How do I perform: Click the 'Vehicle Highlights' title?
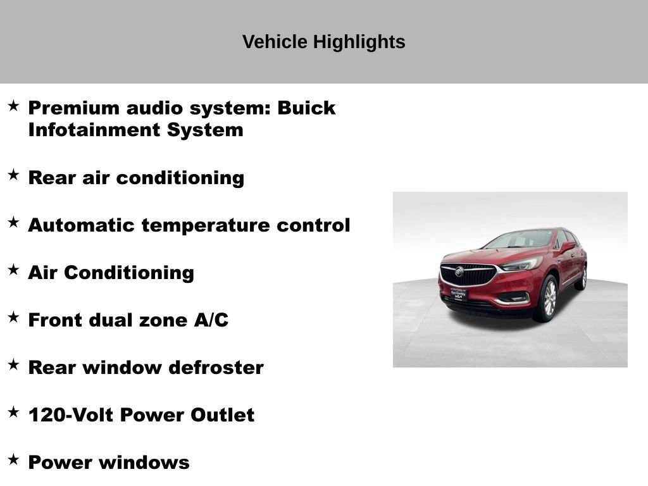tap(323, 42)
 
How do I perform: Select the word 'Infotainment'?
tap(94, 130)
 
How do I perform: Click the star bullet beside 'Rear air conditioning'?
tap(13, 175)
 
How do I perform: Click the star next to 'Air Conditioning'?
tap(13, 270)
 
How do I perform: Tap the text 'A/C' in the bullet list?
tap(211, 320)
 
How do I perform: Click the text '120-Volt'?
tap(70, 415)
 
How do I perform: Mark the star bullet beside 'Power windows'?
tap(13, 459)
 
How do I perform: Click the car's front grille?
tap(468, 274)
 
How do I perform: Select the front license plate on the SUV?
tap(458, 294)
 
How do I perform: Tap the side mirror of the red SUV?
tap(567, 246)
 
